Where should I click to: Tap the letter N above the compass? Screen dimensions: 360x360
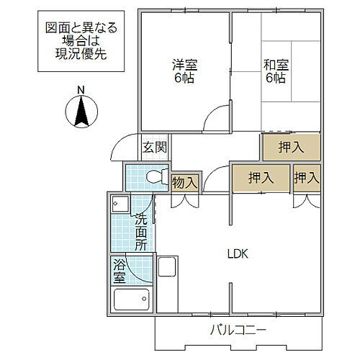[81, 90]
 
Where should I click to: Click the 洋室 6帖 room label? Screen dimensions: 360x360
[184, 71]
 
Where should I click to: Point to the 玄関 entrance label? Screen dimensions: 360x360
[154, 148]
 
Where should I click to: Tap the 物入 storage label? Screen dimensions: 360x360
[185, 182]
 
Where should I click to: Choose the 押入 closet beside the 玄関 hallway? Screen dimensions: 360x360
[290, 148]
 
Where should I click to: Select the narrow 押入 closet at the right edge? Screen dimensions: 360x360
[307, 178]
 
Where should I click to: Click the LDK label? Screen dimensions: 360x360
[238, 253]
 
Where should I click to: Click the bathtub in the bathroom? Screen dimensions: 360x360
[131, 298]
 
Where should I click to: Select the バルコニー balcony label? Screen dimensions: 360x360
[238, 330]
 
